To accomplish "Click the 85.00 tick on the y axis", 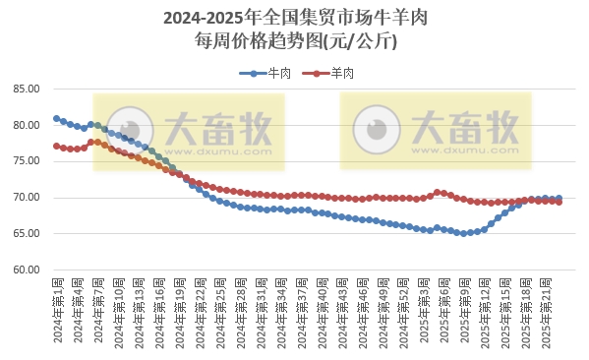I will (26, 90).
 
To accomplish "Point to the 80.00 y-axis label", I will (26, 126).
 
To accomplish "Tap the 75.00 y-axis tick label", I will (26, 161).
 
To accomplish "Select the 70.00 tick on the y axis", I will (26, 198).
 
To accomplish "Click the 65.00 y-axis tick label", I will (26, 234).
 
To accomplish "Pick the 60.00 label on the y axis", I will (26, 270).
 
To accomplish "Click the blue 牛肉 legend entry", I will (270, 73).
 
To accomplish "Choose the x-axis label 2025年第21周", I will (548, 311).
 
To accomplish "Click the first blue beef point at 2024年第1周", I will (56, 118).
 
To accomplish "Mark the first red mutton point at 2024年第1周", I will (56, 146).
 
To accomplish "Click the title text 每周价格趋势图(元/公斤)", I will (295, 41).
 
